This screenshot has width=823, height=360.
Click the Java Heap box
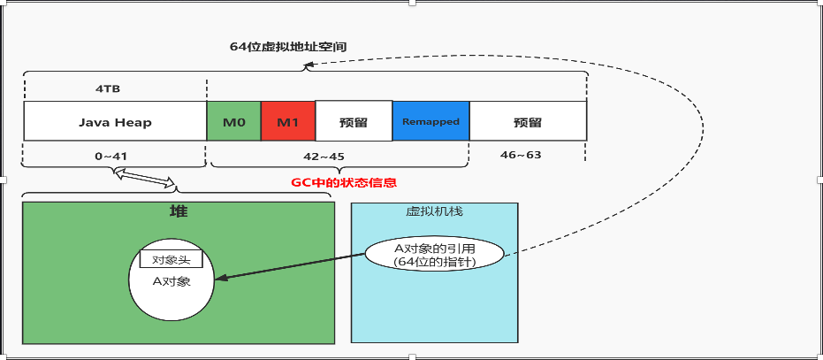tap(115, 121)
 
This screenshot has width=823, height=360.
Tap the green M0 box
tap(233, 121)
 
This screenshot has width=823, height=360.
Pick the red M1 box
tap(287, 121)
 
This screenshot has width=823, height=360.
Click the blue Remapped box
tap(431, 121)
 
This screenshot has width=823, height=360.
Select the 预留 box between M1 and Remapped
tap(354, 121)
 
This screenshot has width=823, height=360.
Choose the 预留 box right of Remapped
tap(528, 121)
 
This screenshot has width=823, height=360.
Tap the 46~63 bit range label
tap(521, 156)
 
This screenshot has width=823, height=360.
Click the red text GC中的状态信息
tap(344, 183)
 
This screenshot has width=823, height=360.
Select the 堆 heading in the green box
tap(178, 212)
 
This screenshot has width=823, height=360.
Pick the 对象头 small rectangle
tap(171, 260)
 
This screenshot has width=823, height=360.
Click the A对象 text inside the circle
tap(171, 282)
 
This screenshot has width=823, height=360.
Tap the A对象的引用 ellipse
tap(434, 254)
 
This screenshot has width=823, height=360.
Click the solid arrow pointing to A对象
tap(292, 266)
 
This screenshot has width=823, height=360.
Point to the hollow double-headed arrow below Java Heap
tap(149, 179)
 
